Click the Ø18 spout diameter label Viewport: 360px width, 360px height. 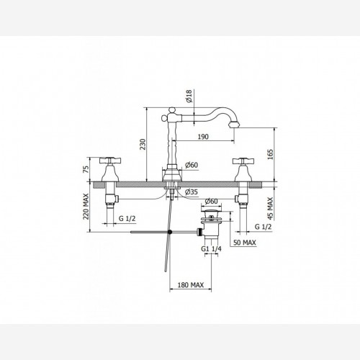tap(189, 96)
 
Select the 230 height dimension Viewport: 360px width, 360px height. tap(143, 144)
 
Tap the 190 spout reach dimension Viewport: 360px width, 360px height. tap(203, 137)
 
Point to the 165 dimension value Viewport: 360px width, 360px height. tap(270, 155)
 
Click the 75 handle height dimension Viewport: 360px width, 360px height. tap(86, 169)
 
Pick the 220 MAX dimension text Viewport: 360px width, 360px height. tap(86, 207)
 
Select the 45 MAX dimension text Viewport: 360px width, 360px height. tap(271, 208)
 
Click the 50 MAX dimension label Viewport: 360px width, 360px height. tap(245, 243)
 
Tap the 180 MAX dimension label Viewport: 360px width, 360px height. tap(191, 285)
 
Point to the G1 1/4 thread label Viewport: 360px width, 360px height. tap(211, 248)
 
